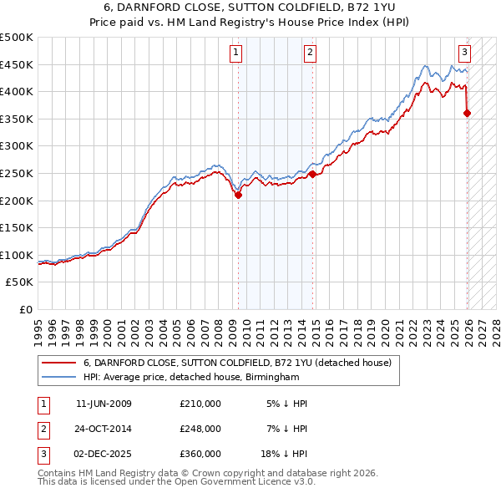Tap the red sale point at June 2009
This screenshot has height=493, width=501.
[x=238, y=196]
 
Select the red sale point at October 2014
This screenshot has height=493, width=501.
[x=312, y=175]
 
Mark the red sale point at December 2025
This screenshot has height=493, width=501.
[x=467, y=114]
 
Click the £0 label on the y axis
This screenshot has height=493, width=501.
[x=25, y=309]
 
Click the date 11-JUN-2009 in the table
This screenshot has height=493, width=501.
[x=104, y=404]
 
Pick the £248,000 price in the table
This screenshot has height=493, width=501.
[x=200, y=429]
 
